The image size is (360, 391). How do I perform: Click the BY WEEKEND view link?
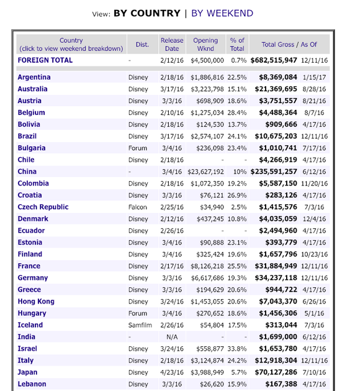point(222,13)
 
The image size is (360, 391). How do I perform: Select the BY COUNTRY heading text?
point(147,13)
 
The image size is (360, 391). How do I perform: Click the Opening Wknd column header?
point(205,45)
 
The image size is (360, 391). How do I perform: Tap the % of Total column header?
point(237,45)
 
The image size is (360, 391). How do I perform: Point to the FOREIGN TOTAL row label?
point(45,60)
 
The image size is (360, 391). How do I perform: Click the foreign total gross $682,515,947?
point(274,60)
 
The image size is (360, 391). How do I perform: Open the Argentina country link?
point(34,78)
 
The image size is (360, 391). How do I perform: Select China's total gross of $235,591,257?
point(274,171)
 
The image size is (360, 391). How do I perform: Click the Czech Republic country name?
point(43,207)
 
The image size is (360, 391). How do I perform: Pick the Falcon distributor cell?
point(138,207)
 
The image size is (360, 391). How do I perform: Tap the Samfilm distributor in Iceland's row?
point(140,325)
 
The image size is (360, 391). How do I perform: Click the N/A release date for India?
point(172,337)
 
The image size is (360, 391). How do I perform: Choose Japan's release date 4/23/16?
point(172,372)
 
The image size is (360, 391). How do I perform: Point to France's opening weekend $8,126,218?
point(207,266)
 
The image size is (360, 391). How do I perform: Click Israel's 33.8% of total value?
point(237,349)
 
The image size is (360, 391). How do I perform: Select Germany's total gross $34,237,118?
point(276,278)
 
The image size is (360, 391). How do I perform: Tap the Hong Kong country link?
point(36,302)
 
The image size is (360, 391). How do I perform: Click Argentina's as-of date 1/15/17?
point(314,78)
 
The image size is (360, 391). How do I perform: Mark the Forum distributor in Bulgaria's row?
point(138,148)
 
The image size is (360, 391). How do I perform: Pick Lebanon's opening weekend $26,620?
point(212,384)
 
